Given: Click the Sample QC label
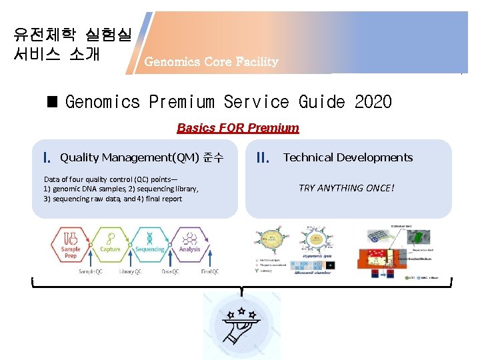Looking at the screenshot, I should pos(90,271).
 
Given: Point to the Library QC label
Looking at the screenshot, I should pos(130,271).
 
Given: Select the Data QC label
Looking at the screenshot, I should pos(170,271).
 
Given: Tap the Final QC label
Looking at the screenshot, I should pos(209,271).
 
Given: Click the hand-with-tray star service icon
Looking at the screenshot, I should pos(241,325).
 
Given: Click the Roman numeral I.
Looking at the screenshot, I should pos(47,159).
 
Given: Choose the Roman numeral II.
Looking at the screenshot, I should pos(263,159).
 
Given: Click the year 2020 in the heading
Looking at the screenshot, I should pos(373,102).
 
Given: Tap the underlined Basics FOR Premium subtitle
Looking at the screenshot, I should pos(238,127).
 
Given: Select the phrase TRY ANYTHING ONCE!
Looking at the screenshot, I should pos(346,188).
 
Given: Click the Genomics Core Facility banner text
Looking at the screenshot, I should pos(211,62).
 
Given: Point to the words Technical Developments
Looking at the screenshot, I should pos(348,157).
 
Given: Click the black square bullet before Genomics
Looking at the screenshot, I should pos(52,102).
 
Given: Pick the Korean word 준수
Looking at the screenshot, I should pos(213,157).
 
